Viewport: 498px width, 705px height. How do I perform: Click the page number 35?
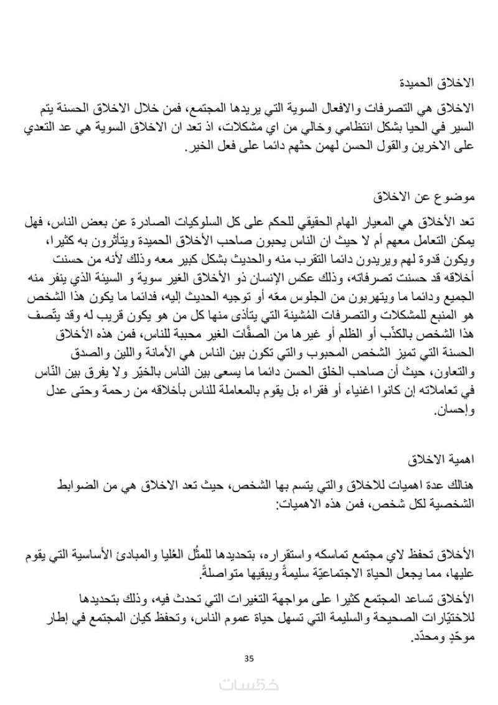pos(250,658)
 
